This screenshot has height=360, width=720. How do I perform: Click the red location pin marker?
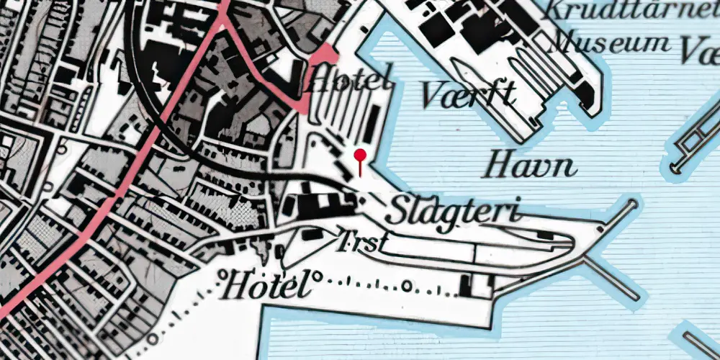[x=360, y=155]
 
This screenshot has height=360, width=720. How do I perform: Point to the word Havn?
[x=531, y=166]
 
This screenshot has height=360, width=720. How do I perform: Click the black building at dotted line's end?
[x=475, y=286]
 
